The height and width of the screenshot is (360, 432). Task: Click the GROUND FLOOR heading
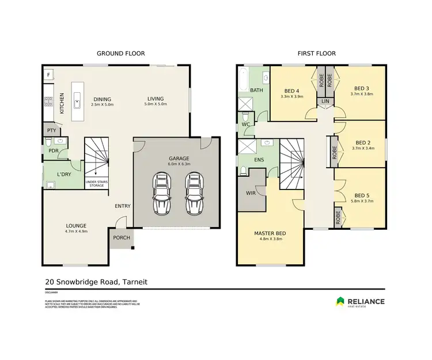(120, 54)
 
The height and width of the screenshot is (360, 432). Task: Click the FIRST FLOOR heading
(316, 54)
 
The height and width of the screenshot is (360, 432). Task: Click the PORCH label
(122, 238)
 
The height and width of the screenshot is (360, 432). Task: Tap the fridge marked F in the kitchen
(48, 75)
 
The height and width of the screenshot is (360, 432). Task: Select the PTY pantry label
(51, 131)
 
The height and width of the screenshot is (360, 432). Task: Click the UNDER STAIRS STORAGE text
(96, 184)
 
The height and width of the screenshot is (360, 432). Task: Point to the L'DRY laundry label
(64, 174)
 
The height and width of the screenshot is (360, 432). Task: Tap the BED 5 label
(362, 195)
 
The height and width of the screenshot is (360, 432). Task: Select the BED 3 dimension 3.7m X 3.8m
(362, 94)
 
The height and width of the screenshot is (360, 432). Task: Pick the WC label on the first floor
(245, 123)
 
